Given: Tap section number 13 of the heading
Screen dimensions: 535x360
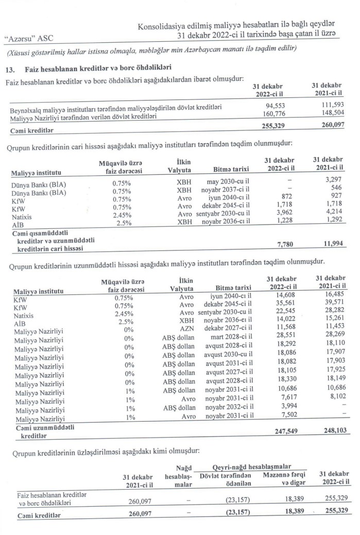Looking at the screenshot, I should pyautogui.click(x=8, y=69).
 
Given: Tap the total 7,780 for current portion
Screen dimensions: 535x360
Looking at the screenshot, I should pyautogui.click(x=273, y=244).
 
